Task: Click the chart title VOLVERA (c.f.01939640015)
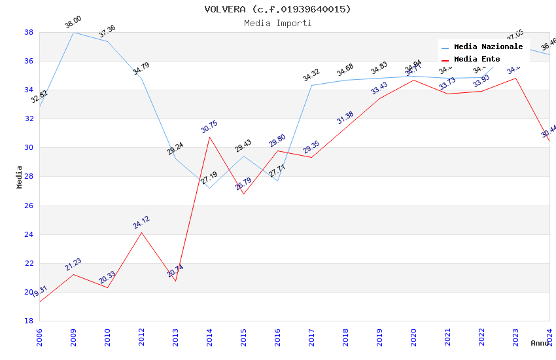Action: [x=277, y=9]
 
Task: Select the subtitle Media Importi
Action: [x=277, y=23]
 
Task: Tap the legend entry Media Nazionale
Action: [x=488, y=46]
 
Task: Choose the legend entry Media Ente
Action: [x=477, y=59]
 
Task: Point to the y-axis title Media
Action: [x=19, y=177]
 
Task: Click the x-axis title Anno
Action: [x=540, y=343]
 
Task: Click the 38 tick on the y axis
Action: [x=29, y=32]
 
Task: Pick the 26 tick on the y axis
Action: [x=29, y=206]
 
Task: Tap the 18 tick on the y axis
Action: [x=29, y=321]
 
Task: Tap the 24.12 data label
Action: [x=141, y=223]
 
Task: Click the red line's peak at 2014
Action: [x=209, y=137]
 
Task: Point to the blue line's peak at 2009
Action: [x=73, y=32]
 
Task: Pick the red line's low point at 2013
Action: [x=175, y=281]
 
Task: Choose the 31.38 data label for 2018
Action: [x=345, y=118]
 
